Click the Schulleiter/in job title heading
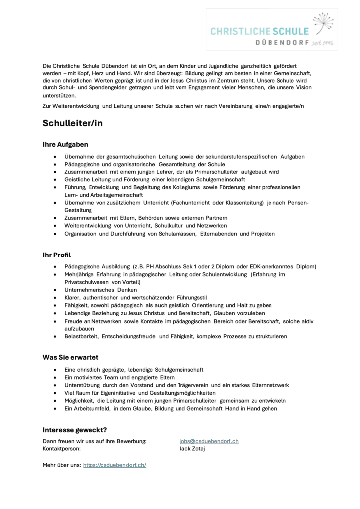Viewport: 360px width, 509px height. [73, 124]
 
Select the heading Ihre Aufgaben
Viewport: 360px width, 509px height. [65, 144]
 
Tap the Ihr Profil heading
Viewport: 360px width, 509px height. [57, 255]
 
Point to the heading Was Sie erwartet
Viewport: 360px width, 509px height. [71, 357]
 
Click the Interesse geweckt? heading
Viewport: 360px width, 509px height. [75, 430]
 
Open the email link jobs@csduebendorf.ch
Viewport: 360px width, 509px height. [209, 441]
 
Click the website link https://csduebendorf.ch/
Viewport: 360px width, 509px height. [114, 465]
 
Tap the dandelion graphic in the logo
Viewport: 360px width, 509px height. [322, 23]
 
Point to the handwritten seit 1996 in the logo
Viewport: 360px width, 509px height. [322, 43]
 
